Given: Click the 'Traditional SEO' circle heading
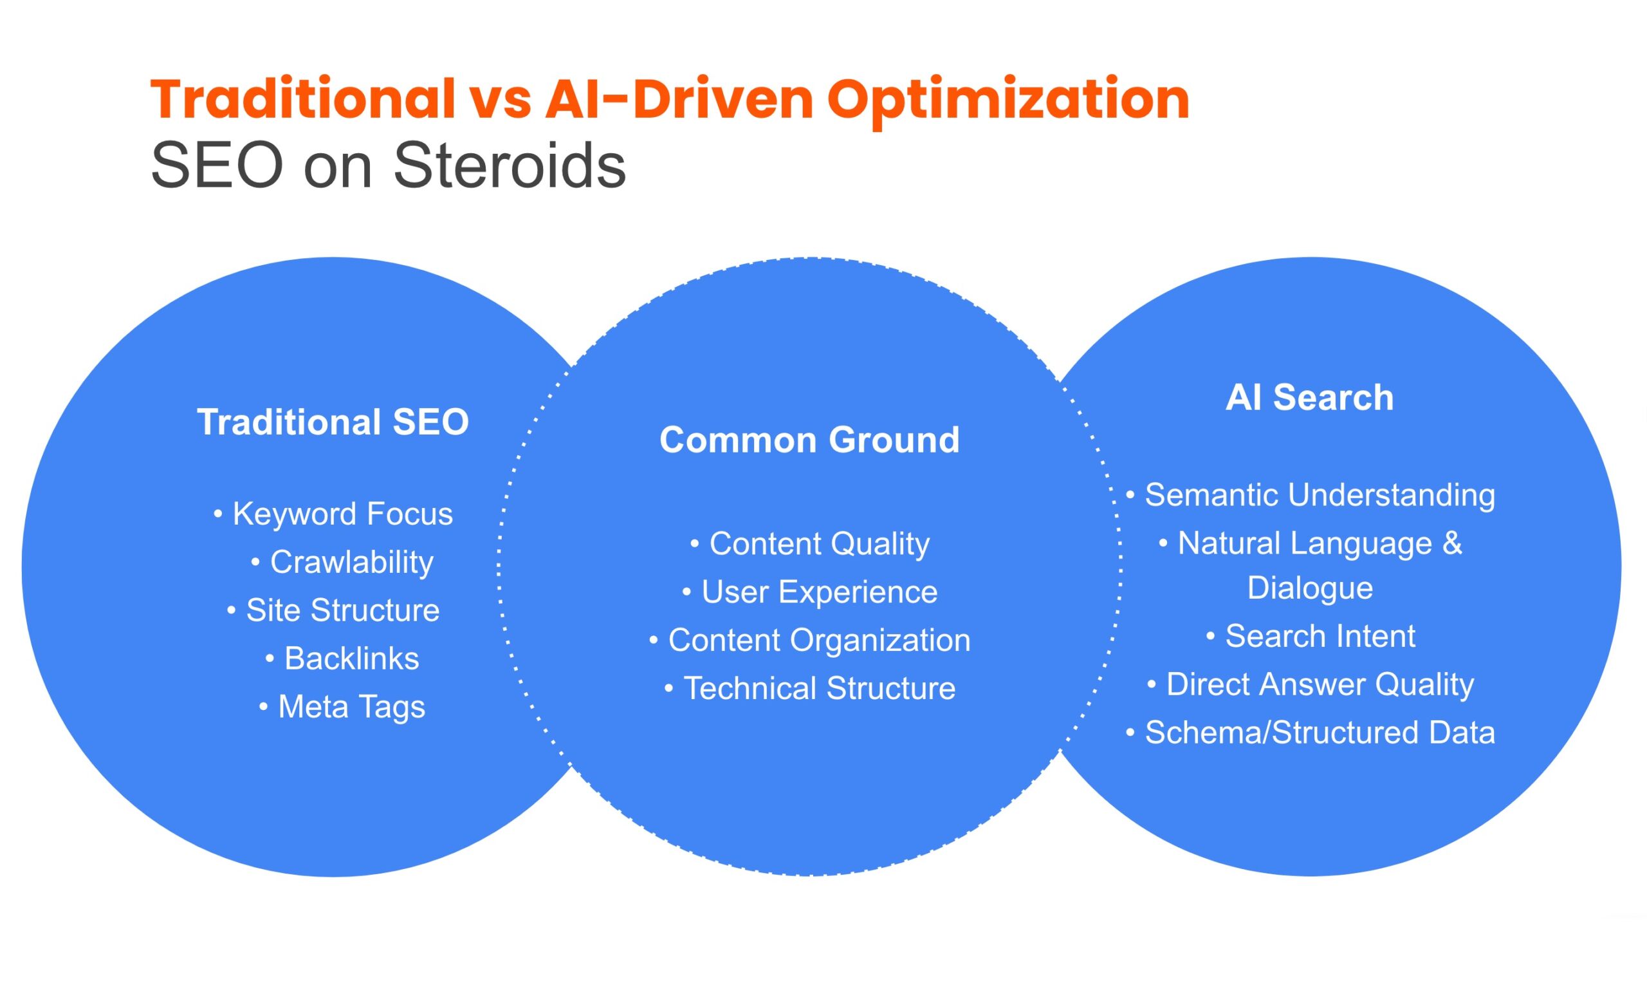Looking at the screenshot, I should (333, 422).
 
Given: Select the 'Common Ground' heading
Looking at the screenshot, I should (809, 440).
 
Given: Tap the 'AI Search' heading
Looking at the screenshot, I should (1309, 397).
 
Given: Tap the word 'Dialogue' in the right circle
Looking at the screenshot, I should (1310, 588).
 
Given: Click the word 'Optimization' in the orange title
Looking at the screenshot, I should (1008, 100).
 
